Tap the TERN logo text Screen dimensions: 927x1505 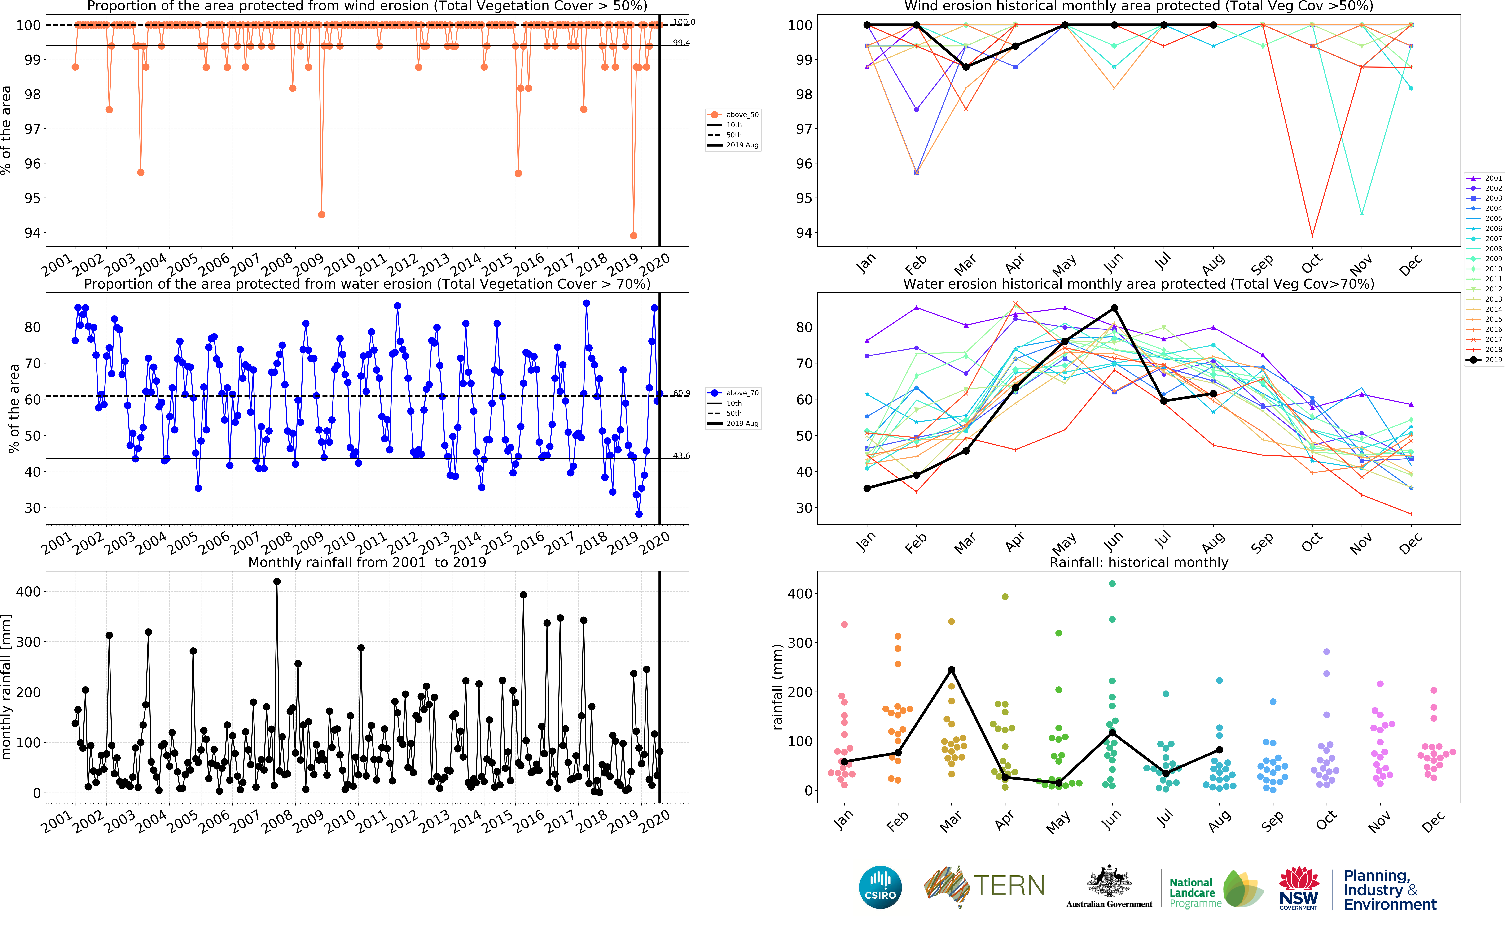(x=1009, y=885)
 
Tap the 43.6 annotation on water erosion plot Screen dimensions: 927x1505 (x=681, y=455)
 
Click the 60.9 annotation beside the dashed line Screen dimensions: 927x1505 (x=681, y=393)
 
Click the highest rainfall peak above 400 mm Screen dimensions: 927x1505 (x=277, y=582)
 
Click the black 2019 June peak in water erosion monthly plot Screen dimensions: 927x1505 (x=1114, y=308)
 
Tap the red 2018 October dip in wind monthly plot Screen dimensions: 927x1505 (x=1312, y=235)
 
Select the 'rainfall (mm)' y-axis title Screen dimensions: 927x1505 (x=778, y=687)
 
